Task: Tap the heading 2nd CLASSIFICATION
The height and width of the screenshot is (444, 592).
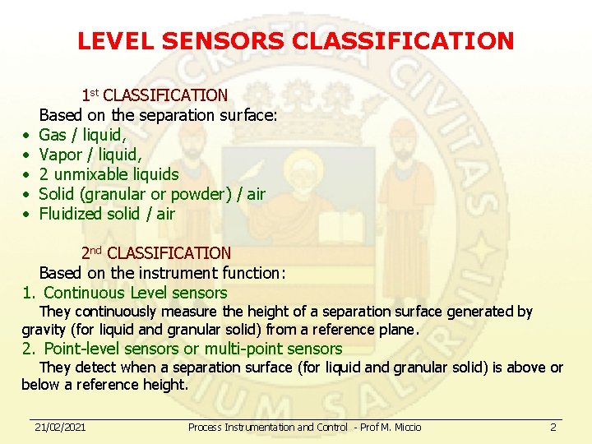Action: (155, 253)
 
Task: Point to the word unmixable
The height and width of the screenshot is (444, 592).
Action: (90, 174)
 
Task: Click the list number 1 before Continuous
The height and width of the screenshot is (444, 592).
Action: (28, 293)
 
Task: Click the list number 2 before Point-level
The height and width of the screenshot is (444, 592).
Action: (28, 349)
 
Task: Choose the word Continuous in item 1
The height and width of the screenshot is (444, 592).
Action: (83, 293)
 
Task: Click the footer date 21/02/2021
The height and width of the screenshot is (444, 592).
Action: (60, 427)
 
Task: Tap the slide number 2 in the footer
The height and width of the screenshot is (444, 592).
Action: (553, 427)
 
